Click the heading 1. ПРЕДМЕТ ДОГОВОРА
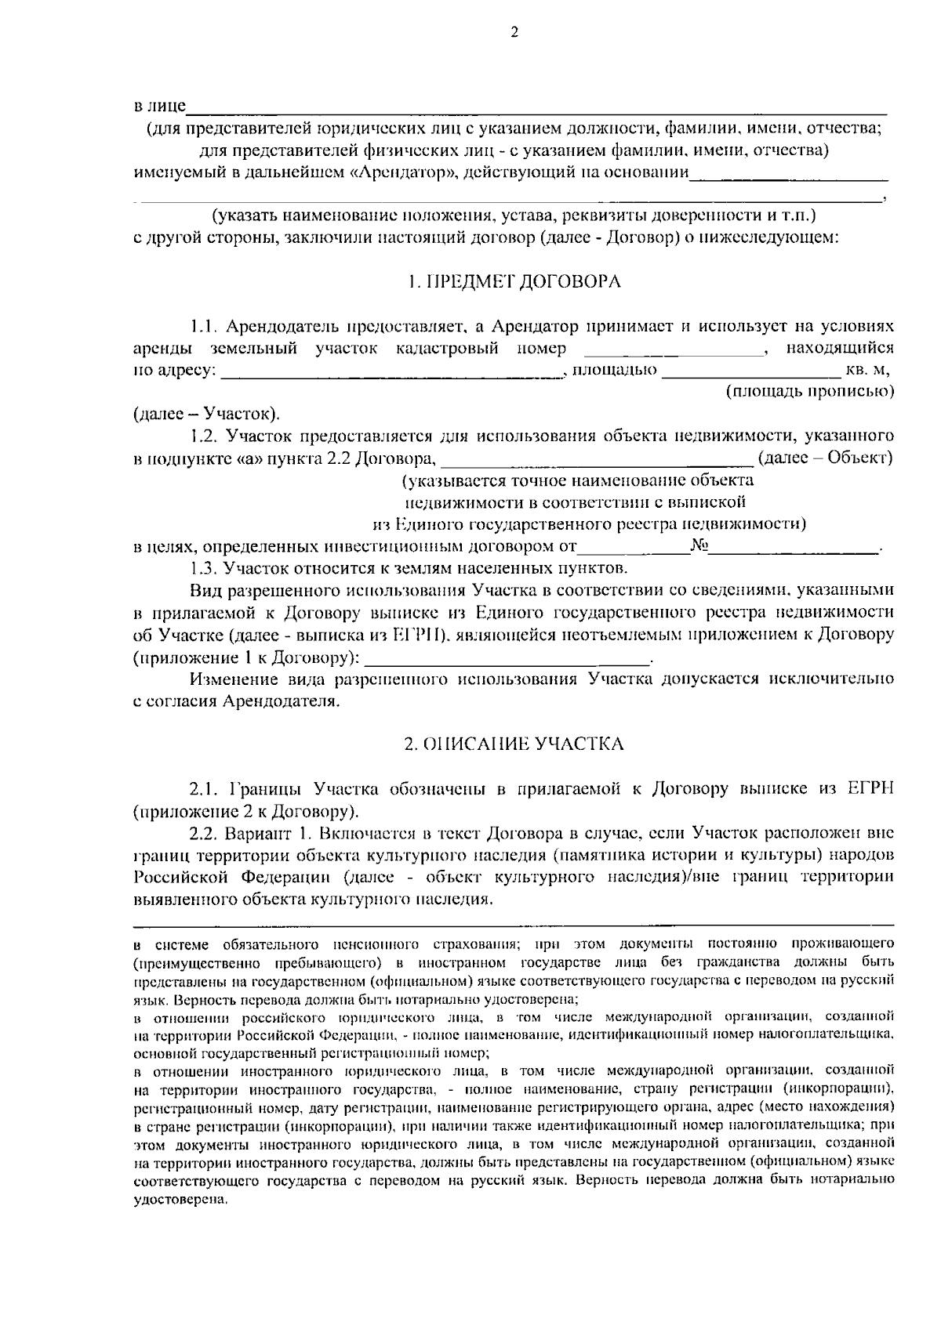[x=514, y=282]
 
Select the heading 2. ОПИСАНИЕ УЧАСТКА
[x=514, y=744]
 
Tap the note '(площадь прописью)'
[x=809, y=391]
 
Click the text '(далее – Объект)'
[x=826, y=457]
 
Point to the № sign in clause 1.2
[x=700, y=546]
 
